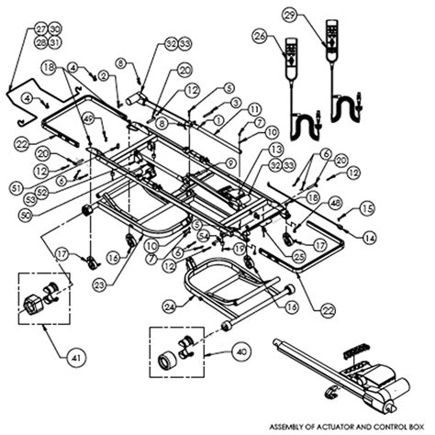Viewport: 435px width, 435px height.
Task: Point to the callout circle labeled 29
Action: tap(316, 17)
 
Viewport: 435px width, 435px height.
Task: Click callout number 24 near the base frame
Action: tap(169, 306)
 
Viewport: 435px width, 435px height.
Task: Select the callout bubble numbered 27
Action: tap(15, 29)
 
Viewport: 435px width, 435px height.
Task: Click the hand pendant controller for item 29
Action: tap(329, 54)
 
